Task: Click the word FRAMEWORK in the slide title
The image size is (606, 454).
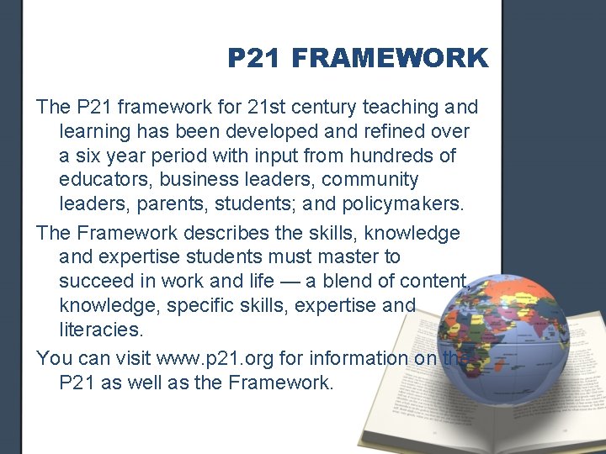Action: coord(392,58)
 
